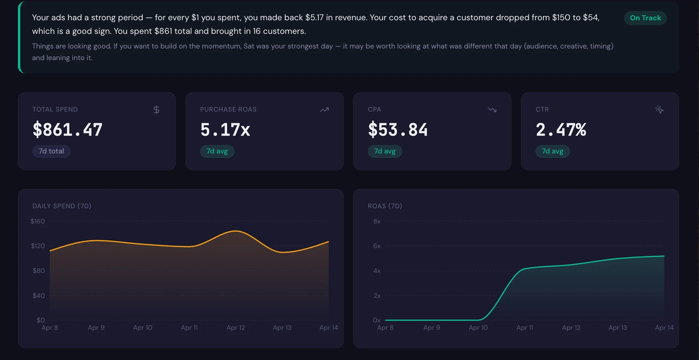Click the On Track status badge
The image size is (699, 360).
click(645, 18)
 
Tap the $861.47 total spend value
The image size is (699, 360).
click(67, 130)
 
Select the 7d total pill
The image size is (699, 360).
click(51, 151)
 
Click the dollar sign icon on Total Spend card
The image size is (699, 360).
click(156, 110)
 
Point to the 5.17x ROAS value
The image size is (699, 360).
click(225, 130)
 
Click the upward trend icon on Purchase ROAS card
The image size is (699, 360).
click(324, 110)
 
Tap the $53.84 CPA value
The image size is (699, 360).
click(398, 130)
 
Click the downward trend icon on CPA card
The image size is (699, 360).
click(492, 110)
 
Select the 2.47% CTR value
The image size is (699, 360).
click(561, 130)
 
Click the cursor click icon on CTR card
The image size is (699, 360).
click(659, 110)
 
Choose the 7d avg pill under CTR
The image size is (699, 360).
click(552, 151)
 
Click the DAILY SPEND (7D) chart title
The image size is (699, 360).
click(62, 206)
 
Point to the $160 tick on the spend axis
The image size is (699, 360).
click(38, 221)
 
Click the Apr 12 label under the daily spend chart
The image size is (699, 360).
click(236, 327)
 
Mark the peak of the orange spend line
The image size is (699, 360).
click(236, 231)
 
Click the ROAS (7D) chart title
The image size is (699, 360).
click(385, 206)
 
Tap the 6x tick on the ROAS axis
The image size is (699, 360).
click(377, 246)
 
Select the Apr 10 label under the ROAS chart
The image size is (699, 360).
click(478, 327)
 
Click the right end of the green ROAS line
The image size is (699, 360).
click(664, 256)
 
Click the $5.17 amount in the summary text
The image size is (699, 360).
click(314, 18)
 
